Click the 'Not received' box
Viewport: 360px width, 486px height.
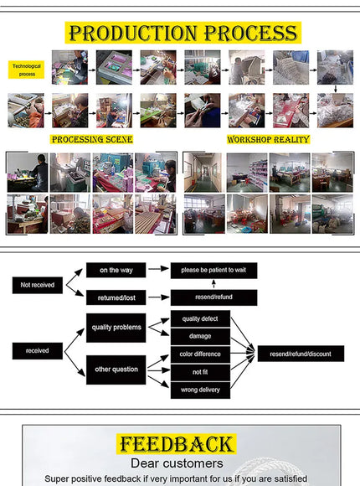(x=37, y=285)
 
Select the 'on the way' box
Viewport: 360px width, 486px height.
(x=116, y=270)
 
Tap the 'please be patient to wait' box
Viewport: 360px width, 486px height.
(x=213, y=271)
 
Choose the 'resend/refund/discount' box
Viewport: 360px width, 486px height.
(x=301, y=354)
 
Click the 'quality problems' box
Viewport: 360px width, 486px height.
(x=116, y=328)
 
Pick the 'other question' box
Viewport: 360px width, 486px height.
(x=116, y=370)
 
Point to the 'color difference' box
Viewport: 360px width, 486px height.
(x=200, y=354)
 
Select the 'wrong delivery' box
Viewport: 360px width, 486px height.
(x=200, y=390)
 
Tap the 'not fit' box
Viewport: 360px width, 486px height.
(x=200, y=372)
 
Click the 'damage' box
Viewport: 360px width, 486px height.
(x=200, y=337)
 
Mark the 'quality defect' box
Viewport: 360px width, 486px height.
(x=200, y=318)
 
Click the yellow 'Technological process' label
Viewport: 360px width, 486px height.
(x=26, y=70)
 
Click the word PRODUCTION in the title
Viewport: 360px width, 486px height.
(x=133, y=33)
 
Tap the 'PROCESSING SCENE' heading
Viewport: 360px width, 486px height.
(x=92, y=139)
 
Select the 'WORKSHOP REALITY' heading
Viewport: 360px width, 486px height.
(x=268, y=139)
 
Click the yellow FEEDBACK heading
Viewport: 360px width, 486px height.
(x=177, y=444)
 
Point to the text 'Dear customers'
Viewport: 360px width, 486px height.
(x=177, y=463)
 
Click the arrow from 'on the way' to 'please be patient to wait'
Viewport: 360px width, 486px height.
(x=158, y=269)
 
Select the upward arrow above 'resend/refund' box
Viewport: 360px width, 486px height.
(x=213, y=283)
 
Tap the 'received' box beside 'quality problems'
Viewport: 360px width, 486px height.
(x=37, y=351)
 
